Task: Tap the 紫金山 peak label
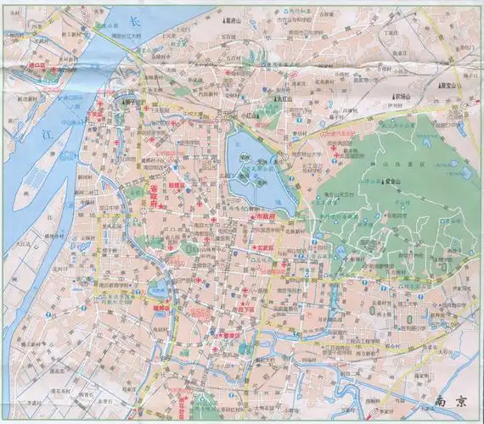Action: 393,181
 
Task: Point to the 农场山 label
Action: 402,98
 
